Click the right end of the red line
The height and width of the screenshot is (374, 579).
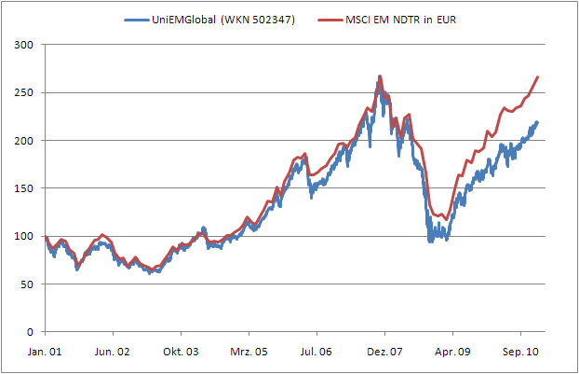[538, 76]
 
